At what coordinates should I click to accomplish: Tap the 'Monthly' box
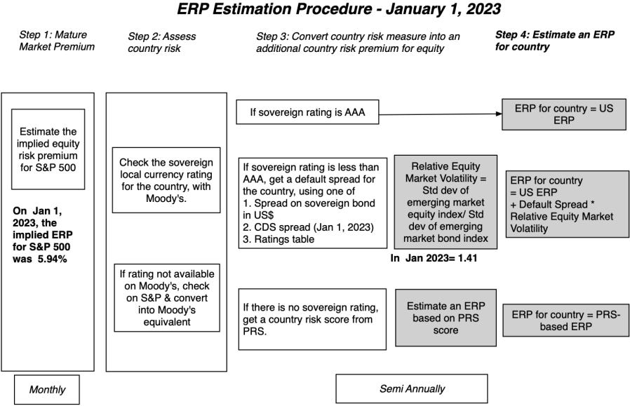[x=47, y=390]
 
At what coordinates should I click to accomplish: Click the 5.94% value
[x=62, y=259]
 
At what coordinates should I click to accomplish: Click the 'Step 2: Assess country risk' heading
[x=162, y=41]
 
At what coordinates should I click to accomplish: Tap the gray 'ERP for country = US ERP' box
[x=563, y=114]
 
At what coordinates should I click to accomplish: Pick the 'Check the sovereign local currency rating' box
[x=166, y=180]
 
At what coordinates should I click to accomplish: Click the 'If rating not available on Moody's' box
[x=166, y=297]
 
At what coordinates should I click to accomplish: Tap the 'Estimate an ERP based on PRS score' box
[x=445, y=317]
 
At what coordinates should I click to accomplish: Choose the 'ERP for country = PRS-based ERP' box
[x=565, y=321]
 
